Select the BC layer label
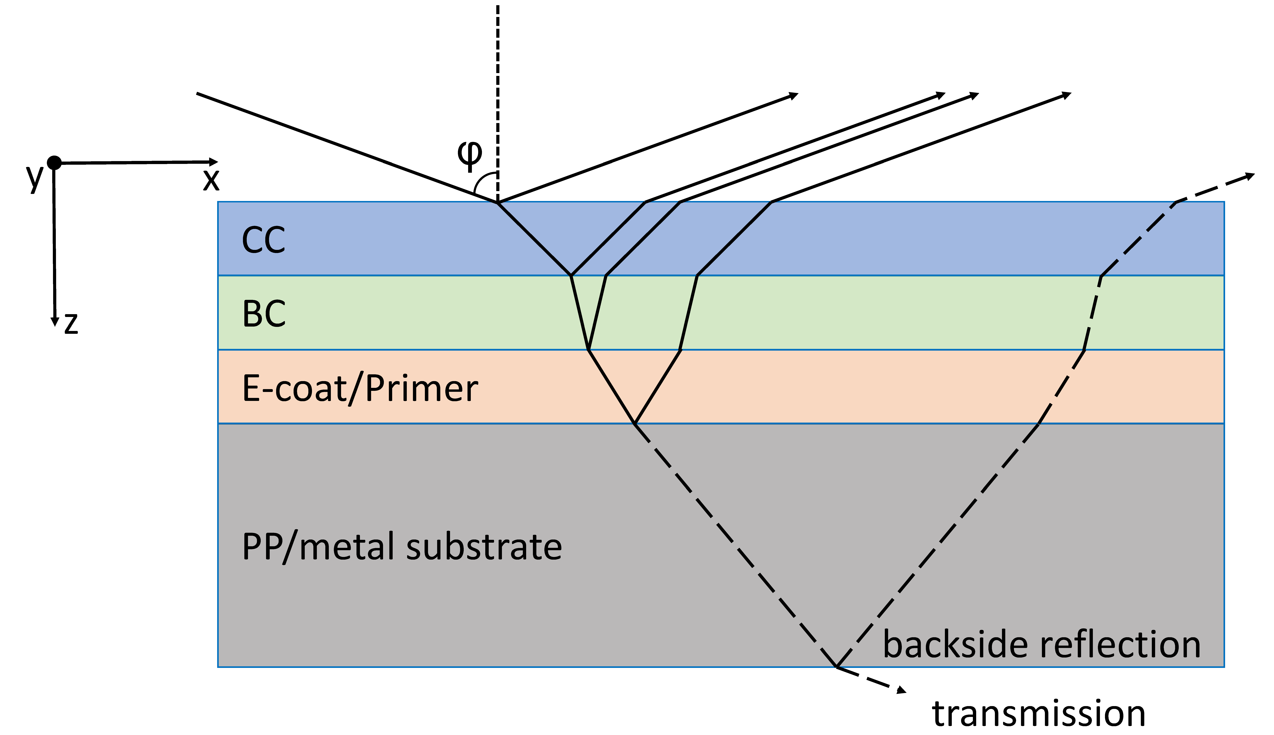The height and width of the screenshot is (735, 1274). point(264,314)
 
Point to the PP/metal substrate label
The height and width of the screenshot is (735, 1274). point(401,547)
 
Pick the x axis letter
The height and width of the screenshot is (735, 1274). point(211,180)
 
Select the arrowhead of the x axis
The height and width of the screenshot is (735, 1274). point(214,162)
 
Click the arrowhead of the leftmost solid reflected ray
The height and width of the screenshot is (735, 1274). point(794,95)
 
